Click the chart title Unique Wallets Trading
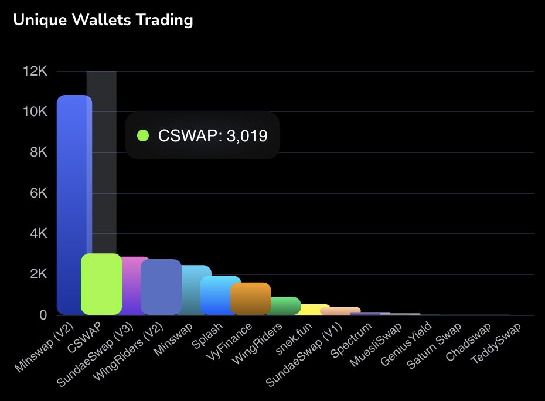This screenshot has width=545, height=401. [103, 20]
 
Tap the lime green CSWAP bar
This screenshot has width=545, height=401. [101, 284]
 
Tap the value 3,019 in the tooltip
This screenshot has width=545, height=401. [247, 136]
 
